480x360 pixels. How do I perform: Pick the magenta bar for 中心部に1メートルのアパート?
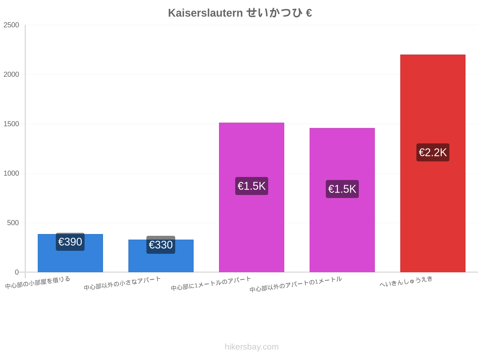point(251,197)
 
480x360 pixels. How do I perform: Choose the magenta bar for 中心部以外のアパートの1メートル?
point(342,200)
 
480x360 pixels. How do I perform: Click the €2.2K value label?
point(433,152)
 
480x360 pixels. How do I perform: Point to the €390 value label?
point(70,242)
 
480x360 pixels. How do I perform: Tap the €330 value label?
point(161,245)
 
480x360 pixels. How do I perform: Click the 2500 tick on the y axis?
point(11,25)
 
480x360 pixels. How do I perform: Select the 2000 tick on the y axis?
point(11,74)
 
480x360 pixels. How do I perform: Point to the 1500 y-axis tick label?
point(11,124)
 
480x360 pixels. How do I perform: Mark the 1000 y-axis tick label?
point(11,173)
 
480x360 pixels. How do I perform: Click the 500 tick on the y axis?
point(13,223)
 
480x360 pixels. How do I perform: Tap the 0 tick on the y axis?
point(17,272)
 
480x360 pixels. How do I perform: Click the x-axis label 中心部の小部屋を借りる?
point(37,282)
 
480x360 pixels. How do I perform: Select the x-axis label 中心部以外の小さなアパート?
point(122,283)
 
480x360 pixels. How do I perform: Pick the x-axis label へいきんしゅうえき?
point(406,281)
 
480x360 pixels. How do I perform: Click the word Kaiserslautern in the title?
point(205,13)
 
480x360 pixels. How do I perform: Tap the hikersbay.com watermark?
point(251,347)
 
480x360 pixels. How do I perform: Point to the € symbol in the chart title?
point(309,13)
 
